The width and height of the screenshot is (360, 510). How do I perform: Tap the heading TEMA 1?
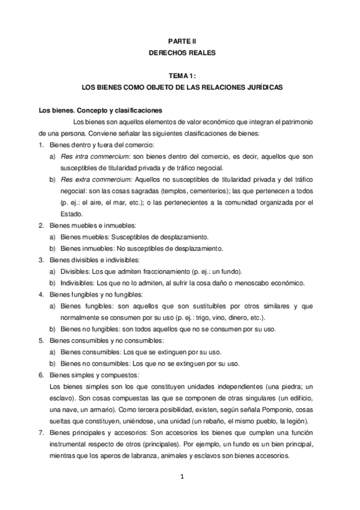click(x=182, y=76)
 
